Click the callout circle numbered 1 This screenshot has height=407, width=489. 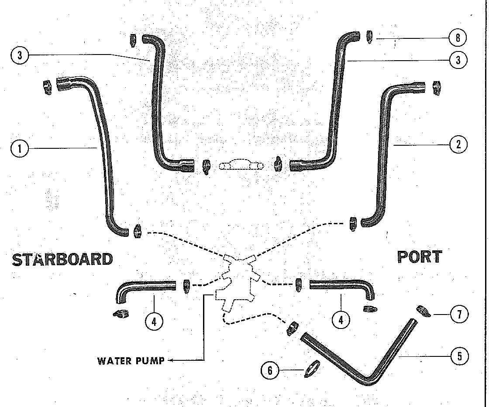tap(20, 149)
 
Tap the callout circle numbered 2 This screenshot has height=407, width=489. tap(458, 144)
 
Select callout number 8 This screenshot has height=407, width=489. tap(458, 38)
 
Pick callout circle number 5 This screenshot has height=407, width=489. tap(459, 356)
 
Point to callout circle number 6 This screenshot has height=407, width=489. tap(270, 371)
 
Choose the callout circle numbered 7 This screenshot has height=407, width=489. tap(459, 315)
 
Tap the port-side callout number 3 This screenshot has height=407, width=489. tap(458, 60)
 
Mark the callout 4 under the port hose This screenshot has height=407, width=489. tap(341, 320)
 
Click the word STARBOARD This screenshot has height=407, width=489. tap(62, 259)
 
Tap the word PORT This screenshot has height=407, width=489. tap(420, 257)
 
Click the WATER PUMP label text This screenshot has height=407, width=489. tap(131, 361)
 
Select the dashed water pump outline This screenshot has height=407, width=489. tap(238, 286)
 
